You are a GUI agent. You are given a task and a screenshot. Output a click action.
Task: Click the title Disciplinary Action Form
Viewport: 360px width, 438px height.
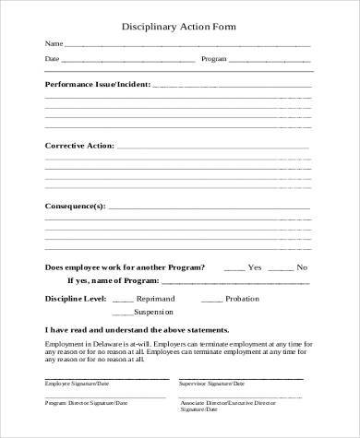(180, 27)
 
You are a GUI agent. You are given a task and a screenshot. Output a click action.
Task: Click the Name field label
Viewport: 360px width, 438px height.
(54, 44)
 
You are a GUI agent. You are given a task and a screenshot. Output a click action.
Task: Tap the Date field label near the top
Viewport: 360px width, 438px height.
(53, 60)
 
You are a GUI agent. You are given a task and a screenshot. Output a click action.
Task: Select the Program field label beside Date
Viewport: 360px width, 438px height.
(214, 60)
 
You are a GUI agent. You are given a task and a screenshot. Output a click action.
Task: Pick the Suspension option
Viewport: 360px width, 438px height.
(154, 313)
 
